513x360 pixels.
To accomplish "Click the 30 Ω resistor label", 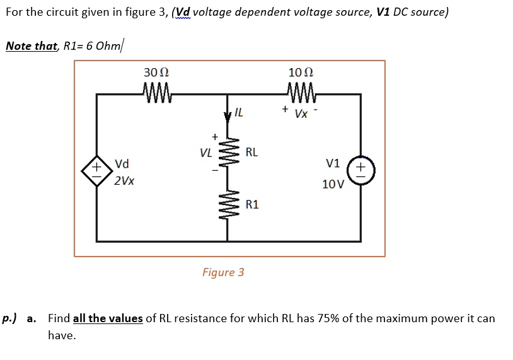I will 156,73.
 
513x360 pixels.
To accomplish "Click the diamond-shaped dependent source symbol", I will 96,170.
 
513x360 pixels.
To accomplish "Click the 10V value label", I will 333,185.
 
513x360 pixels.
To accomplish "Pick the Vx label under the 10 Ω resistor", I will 301,115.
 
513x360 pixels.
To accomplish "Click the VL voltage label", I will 205,153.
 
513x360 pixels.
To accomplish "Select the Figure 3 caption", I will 223,272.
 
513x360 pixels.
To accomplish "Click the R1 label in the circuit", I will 252,205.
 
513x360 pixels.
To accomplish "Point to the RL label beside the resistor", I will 251,152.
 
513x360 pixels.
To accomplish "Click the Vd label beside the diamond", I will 122,165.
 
